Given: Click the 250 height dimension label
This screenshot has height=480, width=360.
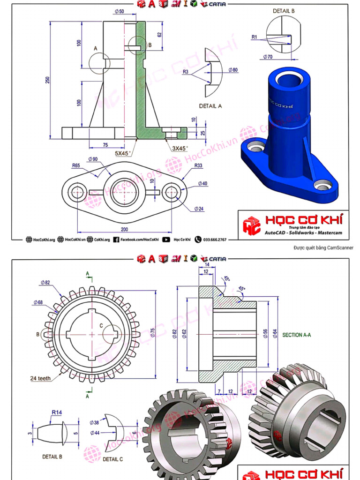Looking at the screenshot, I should pos(47,80).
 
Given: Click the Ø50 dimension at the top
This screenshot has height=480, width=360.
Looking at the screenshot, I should pos(119,11).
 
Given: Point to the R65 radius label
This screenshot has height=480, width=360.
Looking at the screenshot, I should pos(77,165).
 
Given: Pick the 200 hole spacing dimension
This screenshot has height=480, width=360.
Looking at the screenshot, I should pos(124,230).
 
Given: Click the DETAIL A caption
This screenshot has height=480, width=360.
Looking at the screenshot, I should pos(210,106).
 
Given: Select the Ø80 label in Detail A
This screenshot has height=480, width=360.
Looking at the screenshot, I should pos(233,70).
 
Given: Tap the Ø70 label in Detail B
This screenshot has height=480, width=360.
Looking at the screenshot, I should pos(268,57).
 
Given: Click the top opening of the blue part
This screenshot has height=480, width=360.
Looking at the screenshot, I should pos(286,77).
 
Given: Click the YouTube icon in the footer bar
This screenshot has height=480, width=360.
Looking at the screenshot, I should pos(166,240).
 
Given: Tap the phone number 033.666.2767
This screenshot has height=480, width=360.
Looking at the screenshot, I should pos(215,240).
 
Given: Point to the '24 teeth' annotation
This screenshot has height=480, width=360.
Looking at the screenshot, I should pos(40,378).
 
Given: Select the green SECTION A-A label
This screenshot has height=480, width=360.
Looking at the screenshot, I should pos(297,335).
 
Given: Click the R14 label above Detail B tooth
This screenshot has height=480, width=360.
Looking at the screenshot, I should pos(57,412).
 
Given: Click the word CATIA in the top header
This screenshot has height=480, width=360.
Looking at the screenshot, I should pos(217,4).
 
